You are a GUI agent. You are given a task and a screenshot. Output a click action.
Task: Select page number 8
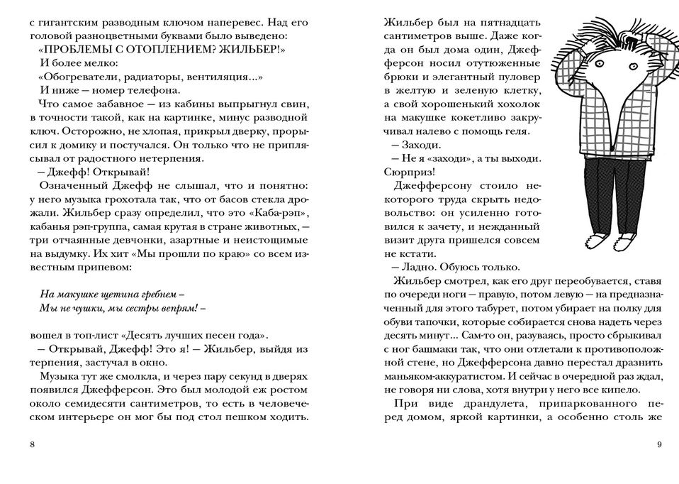33,445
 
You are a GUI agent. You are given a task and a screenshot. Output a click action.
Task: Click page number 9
658,445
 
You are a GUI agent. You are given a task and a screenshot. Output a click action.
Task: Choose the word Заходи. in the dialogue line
421,144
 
